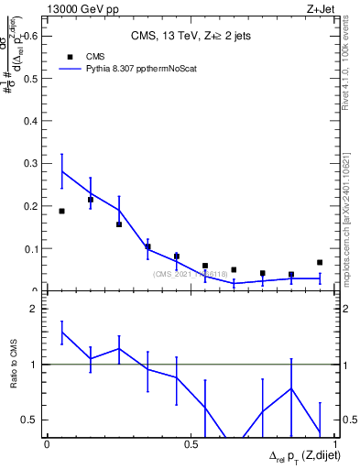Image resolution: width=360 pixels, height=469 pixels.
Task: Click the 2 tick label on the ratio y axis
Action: pyautogui.click(x=33, y=309)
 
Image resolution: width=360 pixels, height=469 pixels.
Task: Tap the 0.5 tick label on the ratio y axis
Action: pyautogui.click(x=29, y=420)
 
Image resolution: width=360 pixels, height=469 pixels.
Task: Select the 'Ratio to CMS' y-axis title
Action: pyautogui.click(x=12, y=365)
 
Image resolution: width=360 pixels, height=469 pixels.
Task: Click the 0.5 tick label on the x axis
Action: pyautogui.click(x=191, y=444)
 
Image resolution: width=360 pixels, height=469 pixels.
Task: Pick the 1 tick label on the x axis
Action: pyautogui.click(x=334, y=444)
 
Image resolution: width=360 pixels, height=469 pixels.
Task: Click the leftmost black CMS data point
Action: pyautogui.click(x=61, y=211)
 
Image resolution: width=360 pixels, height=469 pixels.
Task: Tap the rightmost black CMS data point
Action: pyautogui.click(x=320, y=262)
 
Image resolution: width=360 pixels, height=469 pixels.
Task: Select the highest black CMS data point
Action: pyautogui.click(x=91, y=200)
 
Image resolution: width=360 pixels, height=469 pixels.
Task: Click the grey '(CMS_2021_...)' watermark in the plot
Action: pyautogui.click(x=191, y=273)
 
